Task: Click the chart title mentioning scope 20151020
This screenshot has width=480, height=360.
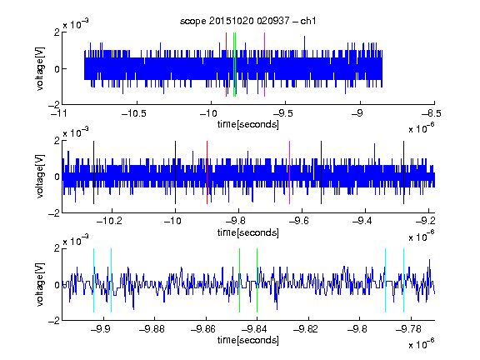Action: click(247, 21)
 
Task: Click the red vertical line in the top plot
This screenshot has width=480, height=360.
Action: click(226, 65)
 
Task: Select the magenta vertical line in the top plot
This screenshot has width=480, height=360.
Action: click(264, 65)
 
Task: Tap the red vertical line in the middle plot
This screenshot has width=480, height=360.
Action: click(207, 172)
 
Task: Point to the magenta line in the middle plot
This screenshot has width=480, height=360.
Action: click(290, 172)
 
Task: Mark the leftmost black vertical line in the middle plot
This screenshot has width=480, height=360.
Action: click(93, 172)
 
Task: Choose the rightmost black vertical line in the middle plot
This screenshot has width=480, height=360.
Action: click(404, 172)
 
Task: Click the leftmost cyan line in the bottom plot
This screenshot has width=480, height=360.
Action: click(93, 280)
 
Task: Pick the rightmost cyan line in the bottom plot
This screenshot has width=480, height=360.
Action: click(404, 280)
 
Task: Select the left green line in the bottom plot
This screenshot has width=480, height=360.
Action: click(239, 280)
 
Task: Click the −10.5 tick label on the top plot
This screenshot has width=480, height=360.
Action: click(134, 113)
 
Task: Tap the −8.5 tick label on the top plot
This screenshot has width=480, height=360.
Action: click(432, 113)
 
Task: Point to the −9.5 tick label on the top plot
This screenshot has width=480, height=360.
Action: click(283, 113)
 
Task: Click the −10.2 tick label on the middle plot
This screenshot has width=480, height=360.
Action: click(110, 221)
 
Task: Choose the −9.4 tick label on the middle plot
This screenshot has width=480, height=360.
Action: click(362, 221)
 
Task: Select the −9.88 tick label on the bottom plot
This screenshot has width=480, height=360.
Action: click(152, 329)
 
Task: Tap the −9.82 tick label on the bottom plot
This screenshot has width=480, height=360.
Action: click(306, 329)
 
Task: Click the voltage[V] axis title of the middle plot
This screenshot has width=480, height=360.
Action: click(40, 177)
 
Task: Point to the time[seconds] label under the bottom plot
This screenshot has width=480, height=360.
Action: click(248, 340)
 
